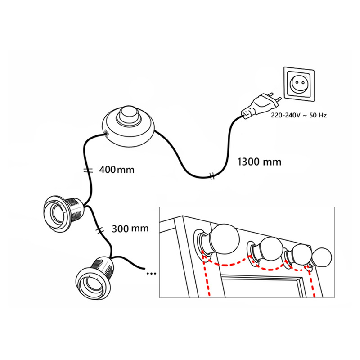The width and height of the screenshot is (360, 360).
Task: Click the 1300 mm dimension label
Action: point(259,162)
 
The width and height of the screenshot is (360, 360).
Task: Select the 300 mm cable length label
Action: point(130,228)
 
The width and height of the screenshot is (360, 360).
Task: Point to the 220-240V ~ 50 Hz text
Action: point(299,116)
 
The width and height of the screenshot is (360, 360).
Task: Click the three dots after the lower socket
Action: point(152,272)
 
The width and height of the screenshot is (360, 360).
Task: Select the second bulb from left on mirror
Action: point(269,250)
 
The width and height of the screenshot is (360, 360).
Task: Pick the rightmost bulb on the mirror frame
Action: point(322,258)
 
